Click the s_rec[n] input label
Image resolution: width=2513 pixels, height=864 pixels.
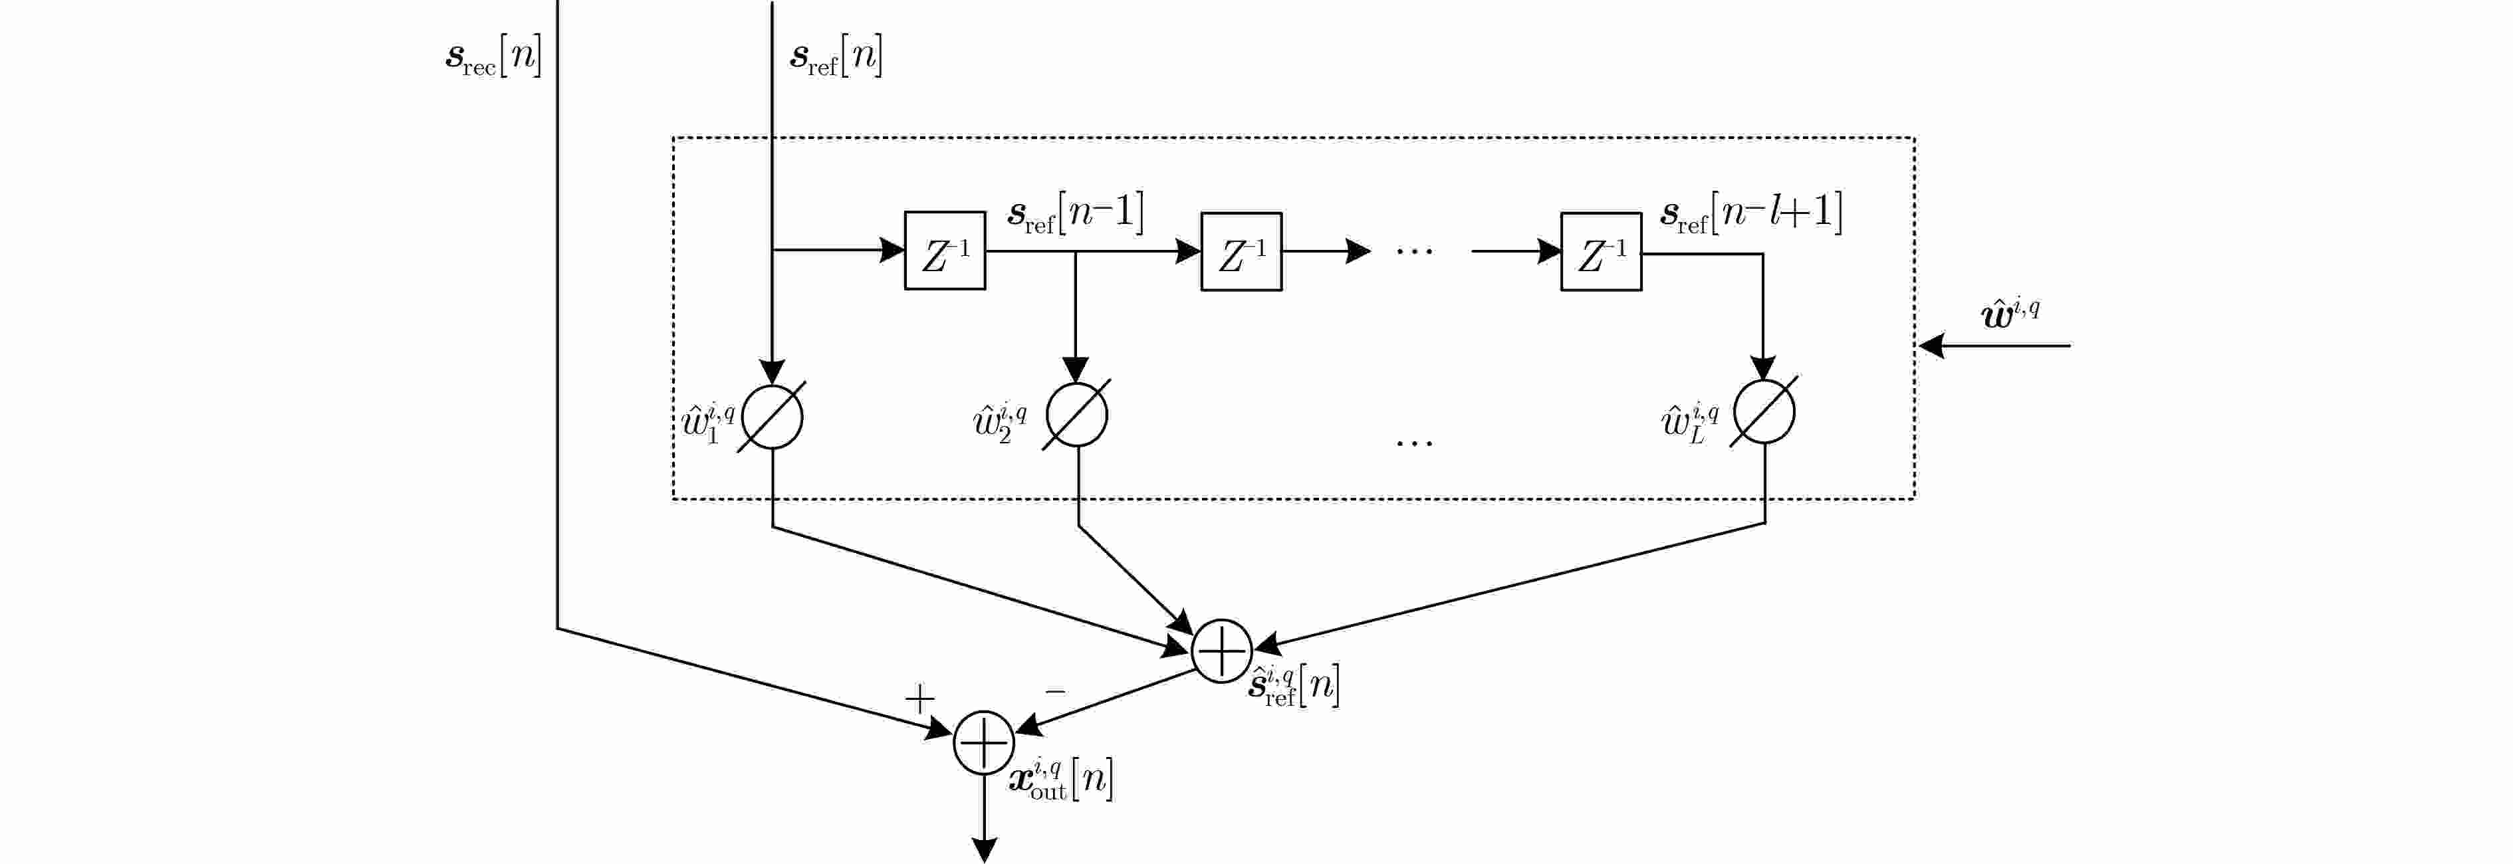493,58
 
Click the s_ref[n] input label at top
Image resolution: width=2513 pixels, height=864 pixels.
836,58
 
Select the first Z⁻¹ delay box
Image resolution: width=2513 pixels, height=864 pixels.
944,251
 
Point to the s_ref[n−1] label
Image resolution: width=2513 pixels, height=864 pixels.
1075,213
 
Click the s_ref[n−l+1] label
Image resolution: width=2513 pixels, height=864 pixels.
1751,213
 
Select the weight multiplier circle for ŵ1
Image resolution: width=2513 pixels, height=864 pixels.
772,417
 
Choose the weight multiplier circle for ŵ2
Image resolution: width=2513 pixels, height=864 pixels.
1076,415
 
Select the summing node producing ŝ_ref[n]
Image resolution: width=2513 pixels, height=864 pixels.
1221,651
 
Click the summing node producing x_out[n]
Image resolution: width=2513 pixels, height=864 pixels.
983,743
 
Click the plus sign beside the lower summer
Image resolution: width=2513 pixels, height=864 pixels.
919,699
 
